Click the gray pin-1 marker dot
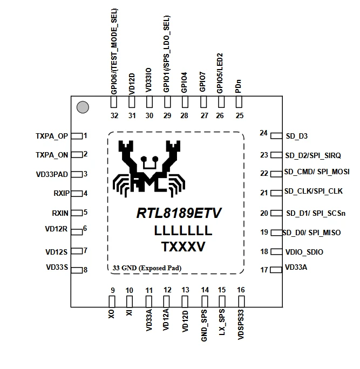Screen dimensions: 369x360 [x=83, y=107]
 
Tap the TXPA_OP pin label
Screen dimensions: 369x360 [x=52, y=136]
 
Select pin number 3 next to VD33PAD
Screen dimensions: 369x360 [x=85, y=174]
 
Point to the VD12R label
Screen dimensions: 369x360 [x=56, y=229]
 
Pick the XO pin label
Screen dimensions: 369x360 [x=112, y=313]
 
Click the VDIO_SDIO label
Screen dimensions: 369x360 [x=304, y=252]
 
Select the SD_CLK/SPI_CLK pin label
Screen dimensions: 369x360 [x=313, y=192]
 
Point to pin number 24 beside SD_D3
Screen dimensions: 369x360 [x=263, y=133]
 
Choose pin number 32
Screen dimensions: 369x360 [x=113, y=116]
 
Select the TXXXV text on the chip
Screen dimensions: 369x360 [x=183, y=247]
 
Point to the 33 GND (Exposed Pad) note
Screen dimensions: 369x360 [x=147, y=268]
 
